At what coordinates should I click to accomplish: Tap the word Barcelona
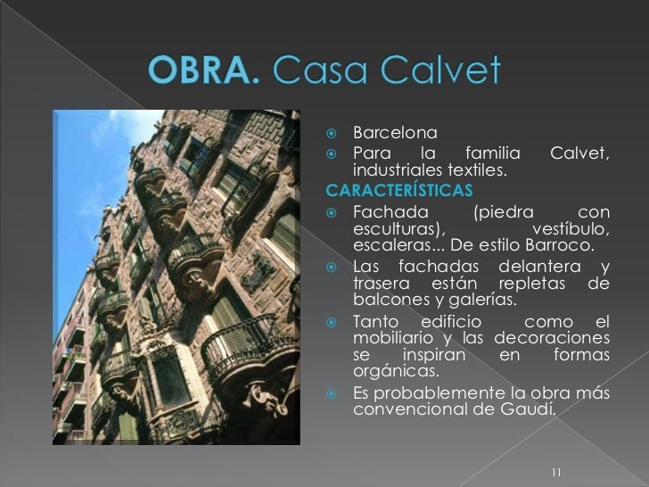395,135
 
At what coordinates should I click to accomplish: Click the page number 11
556,472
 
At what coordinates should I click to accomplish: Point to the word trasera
380,285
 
